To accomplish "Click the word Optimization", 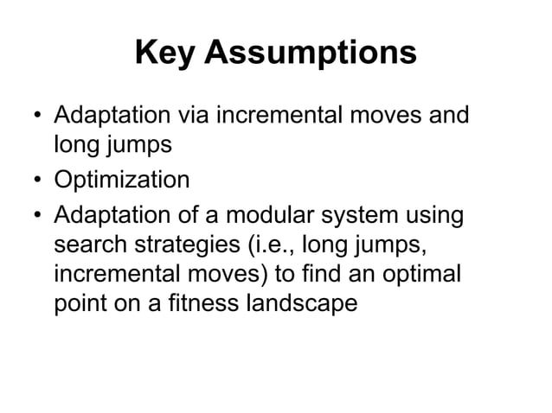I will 122,180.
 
